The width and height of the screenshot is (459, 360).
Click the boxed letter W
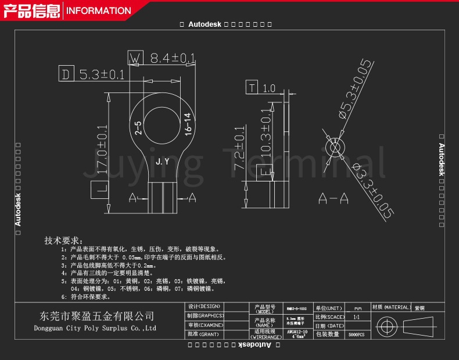[x=135, y=58]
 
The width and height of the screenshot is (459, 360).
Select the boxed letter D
[x=66, y=74]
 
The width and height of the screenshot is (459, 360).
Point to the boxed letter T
[x=252, y=88]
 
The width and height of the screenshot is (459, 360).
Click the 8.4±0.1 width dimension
[x=173, y=58]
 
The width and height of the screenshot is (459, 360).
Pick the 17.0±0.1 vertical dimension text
[x=101, y=150]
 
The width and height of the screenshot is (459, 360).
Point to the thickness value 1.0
[x=269, y=88]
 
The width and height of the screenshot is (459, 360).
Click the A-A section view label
[x=333, y=199]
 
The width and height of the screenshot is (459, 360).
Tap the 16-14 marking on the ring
[x=188, y=124]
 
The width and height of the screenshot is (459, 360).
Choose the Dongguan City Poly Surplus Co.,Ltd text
[x=96, y=328]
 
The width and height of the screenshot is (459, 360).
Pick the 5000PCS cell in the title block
[x=356, y=335]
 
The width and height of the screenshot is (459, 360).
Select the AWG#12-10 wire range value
[x=297, y=332]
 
